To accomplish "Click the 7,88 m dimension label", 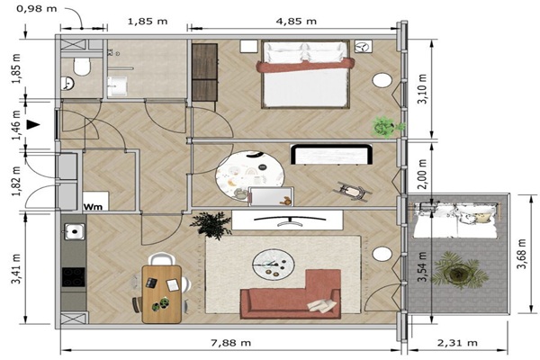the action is [x=230, y=343].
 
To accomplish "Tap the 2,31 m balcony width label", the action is [x=457, y=343].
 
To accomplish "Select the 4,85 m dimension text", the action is [x=296, y=22].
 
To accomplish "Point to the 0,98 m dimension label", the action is [x=37, y=8].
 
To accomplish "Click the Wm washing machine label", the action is [x=93, y=207].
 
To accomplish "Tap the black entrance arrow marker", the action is [x=33, y=125].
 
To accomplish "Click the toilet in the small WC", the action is [x=82, y=67].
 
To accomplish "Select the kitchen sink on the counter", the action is [x=75, y=231].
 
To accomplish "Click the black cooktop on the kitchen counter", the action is [x=74, y=277].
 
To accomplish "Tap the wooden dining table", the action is [x=161, y=294].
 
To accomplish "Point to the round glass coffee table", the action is [x=273, y=264].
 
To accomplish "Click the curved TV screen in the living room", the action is [x=290, y=220].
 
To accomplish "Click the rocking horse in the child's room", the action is [x=353, y=191].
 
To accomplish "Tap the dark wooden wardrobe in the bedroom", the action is [x=204, y=72].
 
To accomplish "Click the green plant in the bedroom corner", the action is [x=386, y=126].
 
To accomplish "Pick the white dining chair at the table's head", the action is [x=161, y=259].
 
